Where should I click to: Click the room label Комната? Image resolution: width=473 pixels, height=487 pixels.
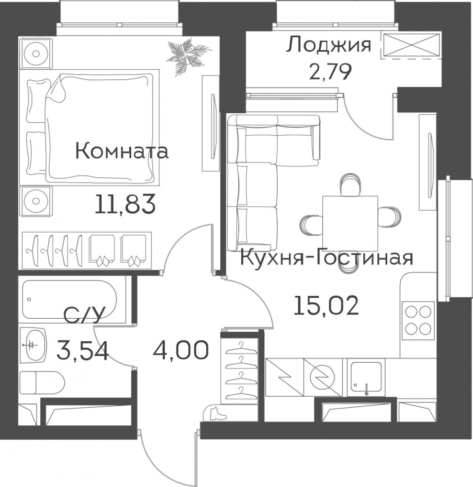coord(122,152)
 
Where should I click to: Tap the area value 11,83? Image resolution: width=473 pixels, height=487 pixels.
coord(125,205)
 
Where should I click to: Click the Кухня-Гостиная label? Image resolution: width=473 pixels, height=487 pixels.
coord(327,258)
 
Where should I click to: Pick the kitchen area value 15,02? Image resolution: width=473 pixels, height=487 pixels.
coord(327,305)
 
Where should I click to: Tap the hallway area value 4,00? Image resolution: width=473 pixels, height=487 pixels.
coord(180,350)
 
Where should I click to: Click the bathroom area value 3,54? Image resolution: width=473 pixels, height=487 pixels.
coord(83,351)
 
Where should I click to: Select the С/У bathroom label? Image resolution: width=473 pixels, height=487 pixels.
coord(83,315)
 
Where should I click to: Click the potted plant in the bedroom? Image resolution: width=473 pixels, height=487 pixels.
coord(188,56)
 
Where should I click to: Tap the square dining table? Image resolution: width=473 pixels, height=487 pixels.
coord(350,224)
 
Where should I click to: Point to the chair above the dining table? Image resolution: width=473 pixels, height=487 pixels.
coord(350,185)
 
